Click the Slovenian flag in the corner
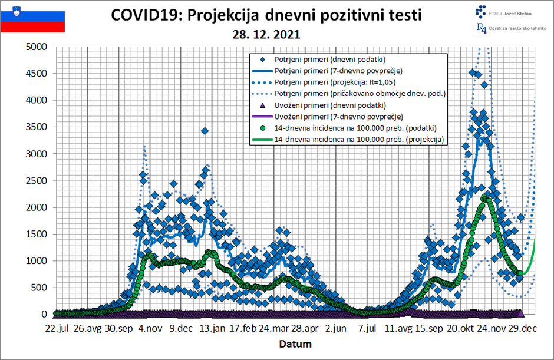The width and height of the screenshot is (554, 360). click(32, 17)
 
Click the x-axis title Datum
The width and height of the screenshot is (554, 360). click(295, 344)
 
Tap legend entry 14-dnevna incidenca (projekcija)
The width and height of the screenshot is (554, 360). click(359, 140)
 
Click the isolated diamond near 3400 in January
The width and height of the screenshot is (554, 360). click(205, 131)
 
